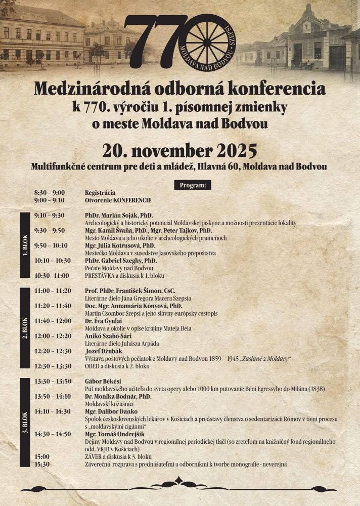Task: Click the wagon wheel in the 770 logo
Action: click(209, 37)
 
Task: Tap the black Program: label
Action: click(192, 185)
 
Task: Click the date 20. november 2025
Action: click(179, 151)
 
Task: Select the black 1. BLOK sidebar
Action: click(25, 245)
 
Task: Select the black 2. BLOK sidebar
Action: click(25, 327)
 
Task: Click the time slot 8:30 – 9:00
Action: click(50, 193)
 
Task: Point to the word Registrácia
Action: click(100, 193)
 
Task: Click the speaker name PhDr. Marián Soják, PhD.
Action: click(119, 215)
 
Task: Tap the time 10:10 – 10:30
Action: click(53, 260)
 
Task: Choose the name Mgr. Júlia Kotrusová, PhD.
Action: click(120, 245)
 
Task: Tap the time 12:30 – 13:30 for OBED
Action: click(53, 366)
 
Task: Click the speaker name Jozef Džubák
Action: click(102, 351)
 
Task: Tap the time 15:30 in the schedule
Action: click(42, 464)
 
